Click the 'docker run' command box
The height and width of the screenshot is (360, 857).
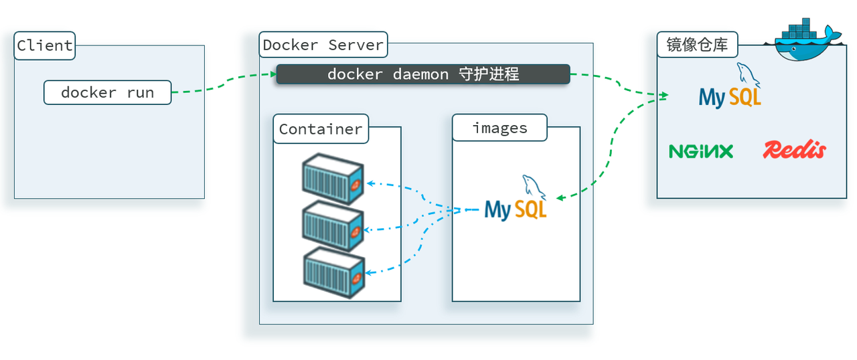pos(107,92)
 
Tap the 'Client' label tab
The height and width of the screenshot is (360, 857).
pos(44,46)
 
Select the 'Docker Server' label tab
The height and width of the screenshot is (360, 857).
pos(323,45)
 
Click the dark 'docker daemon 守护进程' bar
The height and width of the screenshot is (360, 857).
pos(422,74)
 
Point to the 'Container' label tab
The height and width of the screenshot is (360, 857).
pos(321,129)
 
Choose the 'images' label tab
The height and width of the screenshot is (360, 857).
pos(499,128)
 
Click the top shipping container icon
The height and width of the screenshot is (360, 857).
pos(333,178)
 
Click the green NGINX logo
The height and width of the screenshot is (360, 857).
pos(701,151)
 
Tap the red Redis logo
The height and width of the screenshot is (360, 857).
pos(794,150)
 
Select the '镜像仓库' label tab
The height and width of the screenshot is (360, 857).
pos(697,46)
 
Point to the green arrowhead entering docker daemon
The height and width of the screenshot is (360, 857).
pos(273,74)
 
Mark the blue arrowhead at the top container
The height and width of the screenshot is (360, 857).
pos(369,182)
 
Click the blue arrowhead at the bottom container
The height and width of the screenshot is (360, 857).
pos(369,272)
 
